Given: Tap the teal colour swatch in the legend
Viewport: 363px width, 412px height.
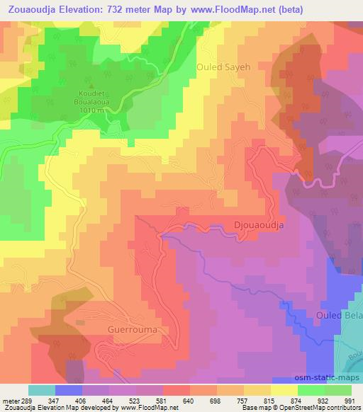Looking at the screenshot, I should point(42,390).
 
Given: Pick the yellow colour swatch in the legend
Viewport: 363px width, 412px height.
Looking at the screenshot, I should point(284,390).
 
